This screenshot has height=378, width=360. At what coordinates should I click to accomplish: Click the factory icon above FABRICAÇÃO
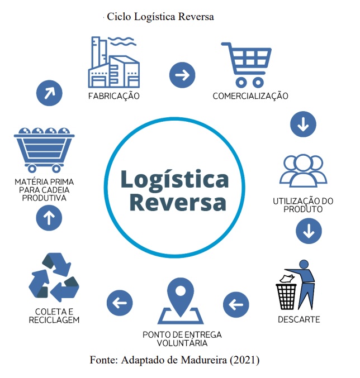(x=113, y=62)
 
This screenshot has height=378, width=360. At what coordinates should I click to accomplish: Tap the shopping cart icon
(x=247, y=65)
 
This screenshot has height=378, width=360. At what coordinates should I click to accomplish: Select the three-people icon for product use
(x=303, y=171)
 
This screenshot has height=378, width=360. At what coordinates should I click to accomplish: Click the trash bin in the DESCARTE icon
(x=286, y=296)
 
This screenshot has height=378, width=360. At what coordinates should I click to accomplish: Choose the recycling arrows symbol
(x=54, y=277)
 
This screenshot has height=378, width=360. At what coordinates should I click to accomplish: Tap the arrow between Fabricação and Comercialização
(x=182, y=75)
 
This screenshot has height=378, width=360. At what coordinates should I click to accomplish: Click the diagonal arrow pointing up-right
(x=49, y=93)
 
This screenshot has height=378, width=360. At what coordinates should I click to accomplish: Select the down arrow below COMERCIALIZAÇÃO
(x=303, y=124)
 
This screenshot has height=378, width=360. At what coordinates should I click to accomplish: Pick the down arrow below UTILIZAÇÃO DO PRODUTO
(x=309, y=231)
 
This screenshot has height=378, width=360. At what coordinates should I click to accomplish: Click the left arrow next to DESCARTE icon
(x=236, y=304)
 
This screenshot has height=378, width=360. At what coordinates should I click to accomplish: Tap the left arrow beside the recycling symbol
(x=120, y=303)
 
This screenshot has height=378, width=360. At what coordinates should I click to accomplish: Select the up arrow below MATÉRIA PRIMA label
(x=49, y=218)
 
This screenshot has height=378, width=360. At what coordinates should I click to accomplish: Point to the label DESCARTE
(x=299, y=320)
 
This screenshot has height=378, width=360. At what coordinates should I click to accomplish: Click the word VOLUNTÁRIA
(x=182, y=343)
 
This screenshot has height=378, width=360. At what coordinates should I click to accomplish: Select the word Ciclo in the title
(x=119, y=17)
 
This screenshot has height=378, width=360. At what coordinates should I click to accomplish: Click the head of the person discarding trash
(x=304, y=264)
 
